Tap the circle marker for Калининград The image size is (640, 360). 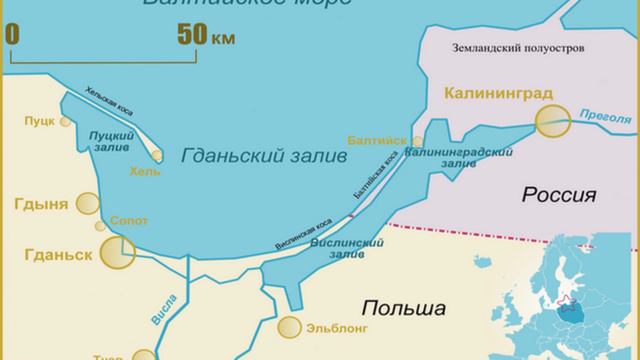click(x=550, y=124)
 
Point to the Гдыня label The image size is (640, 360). click(x=41, y=205)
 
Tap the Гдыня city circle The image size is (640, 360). click(x=87, y=207)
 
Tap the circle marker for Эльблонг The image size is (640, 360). click(x=290, y=325)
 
